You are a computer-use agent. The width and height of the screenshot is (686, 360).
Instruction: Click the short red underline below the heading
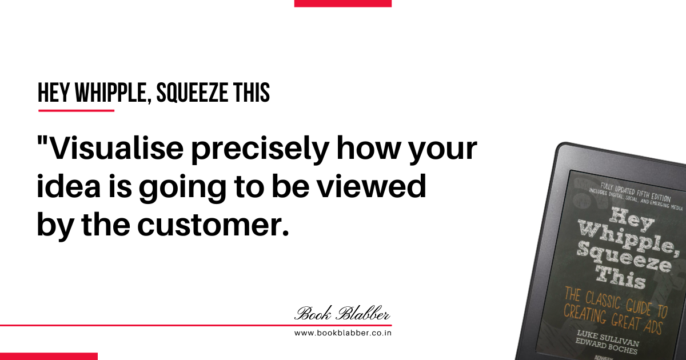tap(76, 110)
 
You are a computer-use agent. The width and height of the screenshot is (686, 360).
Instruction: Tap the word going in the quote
tap(182, 188)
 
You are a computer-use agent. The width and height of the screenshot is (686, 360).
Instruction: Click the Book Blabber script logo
tap(342, 313)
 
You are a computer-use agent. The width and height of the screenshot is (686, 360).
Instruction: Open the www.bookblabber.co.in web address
tap(342, 333)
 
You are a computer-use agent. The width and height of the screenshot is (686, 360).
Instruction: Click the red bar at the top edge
tap(342, 3)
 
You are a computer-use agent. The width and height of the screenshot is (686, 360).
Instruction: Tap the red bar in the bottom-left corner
tap(49, 357)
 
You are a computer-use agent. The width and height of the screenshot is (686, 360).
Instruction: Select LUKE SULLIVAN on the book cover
tap(608, 338)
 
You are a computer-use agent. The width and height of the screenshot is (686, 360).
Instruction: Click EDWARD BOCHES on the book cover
tap(606, 346)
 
